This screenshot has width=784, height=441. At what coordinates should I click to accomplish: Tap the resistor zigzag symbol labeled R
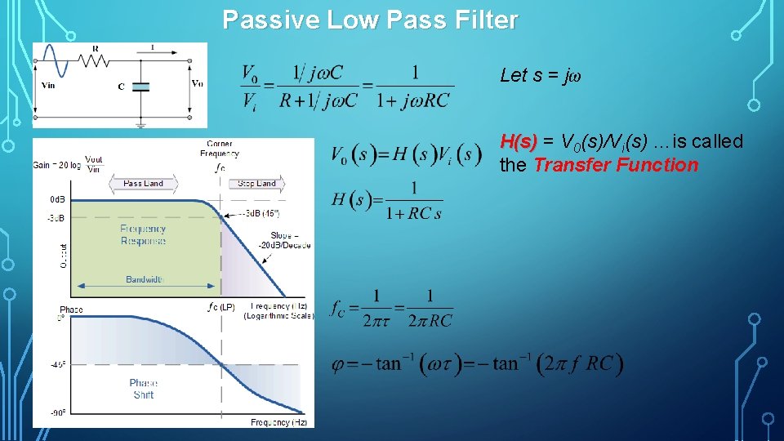(95, 60)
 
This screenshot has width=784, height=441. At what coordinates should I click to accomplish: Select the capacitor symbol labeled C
(140, 86)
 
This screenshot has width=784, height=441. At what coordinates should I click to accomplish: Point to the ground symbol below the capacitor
(140, 124)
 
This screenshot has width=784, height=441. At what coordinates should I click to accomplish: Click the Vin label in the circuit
(48, 84)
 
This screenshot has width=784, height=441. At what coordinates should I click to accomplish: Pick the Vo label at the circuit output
(197, 83)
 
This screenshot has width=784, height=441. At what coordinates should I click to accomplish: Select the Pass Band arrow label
(143, 184)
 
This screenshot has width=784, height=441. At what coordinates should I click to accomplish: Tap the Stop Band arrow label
(256, 184)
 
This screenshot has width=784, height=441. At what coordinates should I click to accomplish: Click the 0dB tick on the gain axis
(57, 199)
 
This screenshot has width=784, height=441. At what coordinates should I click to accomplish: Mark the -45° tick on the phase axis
(57, 364)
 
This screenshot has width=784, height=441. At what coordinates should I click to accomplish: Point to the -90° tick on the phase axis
(57, 413)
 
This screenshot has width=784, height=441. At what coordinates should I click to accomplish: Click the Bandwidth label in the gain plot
(145, 279)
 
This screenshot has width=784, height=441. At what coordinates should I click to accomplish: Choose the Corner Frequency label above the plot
(220, 149)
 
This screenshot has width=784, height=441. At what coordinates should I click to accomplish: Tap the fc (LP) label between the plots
(221, 308)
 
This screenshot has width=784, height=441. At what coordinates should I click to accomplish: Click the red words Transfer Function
(616, 165)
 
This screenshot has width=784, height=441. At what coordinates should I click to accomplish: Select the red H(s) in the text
(519, 142)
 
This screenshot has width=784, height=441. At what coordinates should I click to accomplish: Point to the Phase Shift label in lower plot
(143, 389)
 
